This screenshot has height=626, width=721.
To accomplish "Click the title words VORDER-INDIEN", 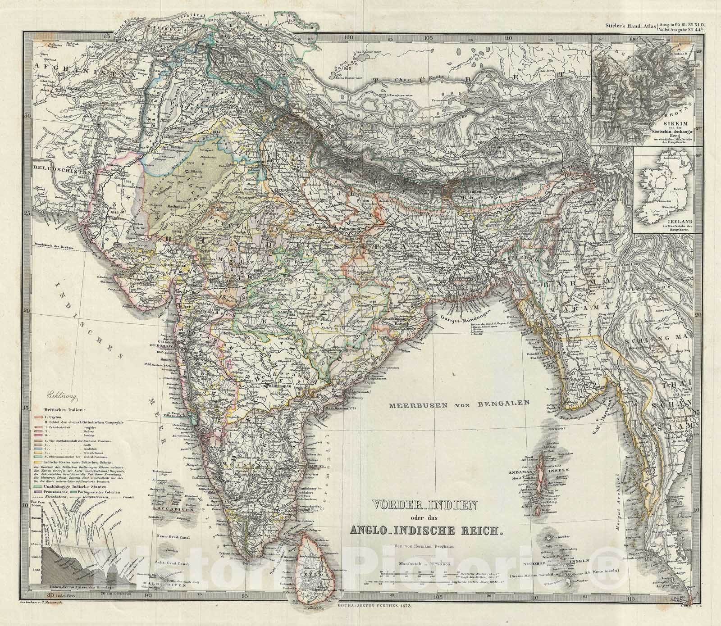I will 423,505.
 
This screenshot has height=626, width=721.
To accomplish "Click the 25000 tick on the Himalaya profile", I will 36,519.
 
